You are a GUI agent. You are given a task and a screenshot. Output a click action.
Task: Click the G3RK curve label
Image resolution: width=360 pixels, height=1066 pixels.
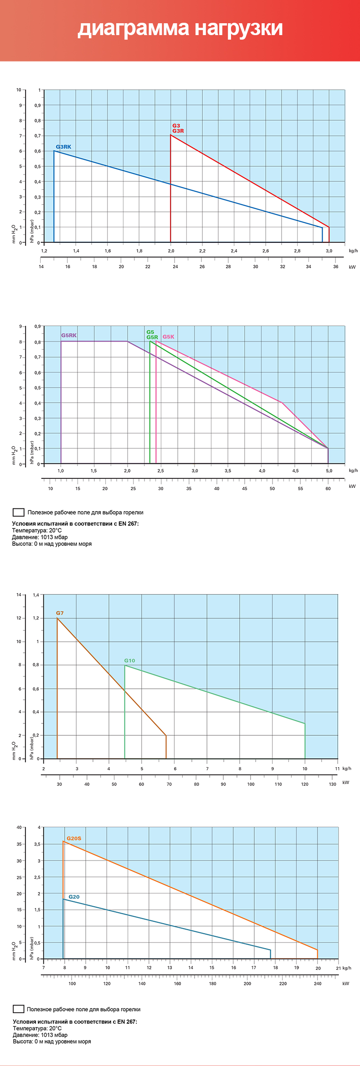(x=63, y=147)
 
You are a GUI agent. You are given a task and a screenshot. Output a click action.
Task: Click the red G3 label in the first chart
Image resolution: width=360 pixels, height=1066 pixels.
(x=176, y=126)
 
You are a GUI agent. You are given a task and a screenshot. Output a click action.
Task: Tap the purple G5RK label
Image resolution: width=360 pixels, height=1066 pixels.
(x=69, y=335)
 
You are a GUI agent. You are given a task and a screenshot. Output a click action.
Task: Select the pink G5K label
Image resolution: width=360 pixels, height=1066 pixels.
(x=168, y=337)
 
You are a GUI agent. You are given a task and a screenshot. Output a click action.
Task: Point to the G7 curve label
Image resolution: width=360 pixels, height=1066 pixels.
(x=60, y=613)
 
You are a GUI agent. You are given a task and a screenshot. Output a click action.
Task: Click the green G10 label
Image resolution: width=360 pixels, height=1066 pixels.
(x=129, y=660)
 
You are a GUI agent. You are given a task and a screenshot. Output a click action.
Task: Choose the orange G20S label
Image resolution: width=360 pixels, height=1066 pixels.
(x=74, y=838)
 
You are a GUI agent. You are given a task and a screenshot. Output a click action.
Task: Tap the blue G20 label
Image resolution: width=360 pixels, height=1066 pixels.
(x=74, y=897)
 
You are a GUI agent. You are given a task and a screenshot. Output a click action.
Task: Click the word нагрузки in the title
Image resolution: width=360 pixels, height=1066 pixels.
(x=239, y=28)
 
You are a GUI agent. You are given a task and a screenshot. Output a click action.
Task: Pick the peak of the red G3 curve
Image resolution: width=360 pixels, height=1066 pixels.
(x=171, y=135)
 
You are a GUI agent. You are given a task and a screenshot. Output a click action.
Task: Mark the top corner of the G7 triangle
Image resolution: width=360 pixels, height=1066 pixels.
(x=57, y=618)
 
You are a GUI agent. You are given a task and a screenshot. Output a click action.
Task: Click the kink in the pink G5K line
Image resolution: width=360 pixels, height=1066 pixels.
(x=282, y=402)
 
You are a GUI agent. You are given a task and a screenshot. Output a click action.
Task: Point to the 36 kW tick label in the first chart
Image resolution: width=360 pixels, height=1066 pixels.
(x=335, y=266)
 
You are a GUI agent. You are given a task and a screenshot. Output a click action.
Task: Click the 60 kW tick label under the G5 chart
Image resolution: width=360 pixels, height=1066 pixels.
(x=328, y=488)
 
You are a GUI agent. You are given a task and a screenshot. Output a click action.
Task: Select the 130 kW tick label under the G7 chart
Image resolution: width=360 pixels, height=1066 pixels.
(x=333, y=784)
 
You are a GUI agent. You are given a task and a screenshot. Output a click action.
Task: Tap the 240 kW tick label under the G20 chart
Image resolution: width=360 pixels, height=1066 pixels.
(x=318, y=983)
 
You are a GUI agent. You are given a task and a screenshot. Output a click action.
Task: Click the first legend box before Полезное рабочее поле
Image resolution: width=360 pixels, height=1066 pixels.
(x=19, y=512)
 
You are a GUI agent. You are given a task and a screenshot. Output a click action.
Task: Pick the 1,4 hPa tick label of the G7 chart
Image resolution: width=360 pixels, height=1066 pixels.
(x=36, y=594)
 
